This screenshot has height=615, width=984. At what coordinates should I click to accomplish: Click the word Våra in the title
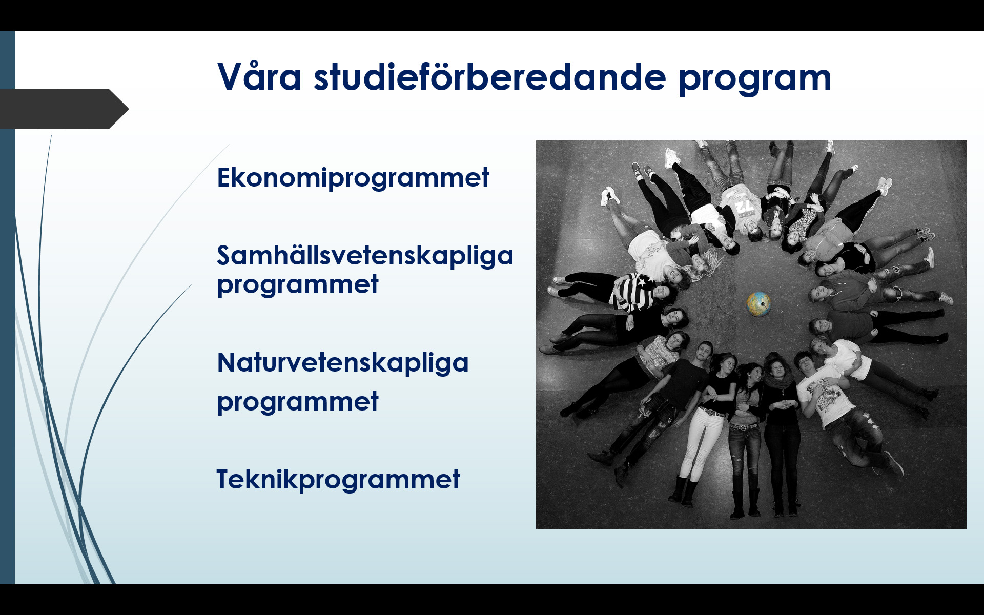coord(259,77)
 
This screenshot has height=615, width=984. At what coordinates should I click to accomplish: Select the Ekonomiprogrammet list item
coord(353,178)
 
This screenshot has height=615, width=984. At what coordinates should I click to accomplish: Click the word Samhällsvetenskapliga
coord(365,255)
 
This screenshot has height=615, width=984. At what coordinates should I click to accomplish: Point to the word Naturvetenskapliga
coord(343,363)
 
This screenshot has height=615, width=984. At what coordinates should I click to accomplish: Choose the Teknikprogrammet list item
coord(338,480)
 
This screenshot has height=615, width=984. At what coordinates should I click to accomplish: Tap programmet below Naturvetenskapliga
coord(298,403)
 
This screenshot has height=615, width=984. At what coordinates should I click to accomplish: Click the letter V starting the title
coord(229,77)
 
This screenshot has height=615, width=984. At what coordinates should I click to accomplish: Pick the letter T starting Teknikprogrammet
coord(225,479)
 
